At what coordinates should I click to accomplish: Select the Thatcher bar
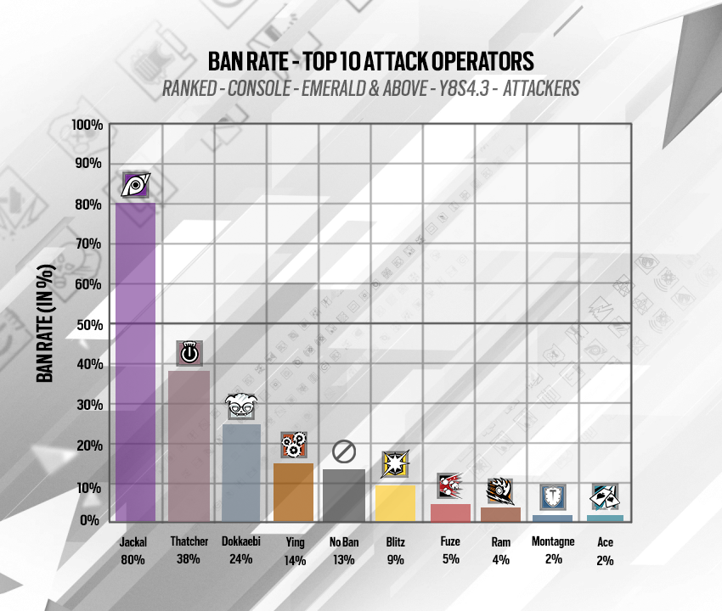point(189,446)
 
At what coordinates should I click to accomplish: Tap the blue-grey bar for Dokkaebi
point(240,473)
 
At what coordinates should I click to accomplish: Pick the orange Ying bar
point(293,492)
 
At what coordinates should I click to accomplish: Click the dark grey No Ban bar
point(344,496)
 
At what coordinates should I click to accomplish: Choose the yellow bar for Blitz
point(395,503)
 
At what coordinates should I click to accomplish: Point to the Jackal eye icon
point(136,185)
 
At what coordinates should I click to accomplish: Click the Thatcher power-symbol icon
point(189,352)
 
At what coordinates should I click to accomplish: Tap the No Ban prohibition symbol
point(344,451)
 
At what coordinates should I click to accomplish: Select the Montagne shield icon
point(552,496)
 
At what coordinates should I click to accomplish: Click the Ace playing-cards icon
point(604,496)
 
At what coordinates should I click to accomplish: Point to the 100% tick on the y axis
point(87,126)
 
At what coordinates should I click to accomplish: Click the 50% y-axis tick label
point(90,324)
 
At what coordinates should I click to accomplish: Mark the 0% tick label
point(93,520)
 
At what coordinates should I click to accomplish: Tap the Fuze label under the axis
point(450,541)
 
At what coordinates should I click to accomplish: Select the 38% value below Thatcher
point(189,559)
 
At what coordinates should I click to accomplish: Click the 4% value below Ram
point(500,559)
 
